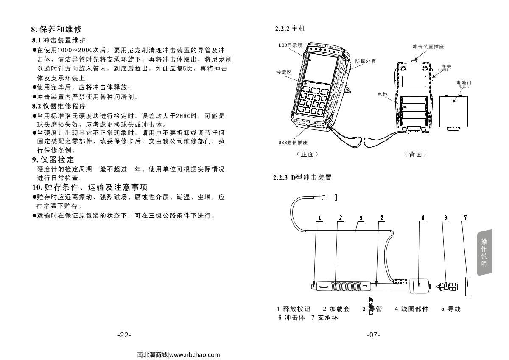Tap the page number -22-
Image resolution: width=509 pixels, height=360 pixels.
click(x=124, y=335)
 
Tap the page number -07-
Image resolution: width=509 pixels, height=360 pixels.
click(x=373, y=335)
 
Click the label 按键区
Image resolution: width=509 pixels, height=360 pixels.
click(x=284, y=72)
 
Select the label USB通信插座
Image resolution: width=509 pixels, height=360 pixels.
click(x=291, y=142)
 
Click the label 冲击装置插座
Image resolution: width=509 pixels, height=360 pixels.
click(x=428, y=46)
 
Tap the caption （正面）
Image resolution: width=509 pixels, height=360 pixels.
click(x=309, y=154)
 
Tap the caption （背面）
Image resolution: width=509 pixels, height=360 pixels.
click(x=415, y=154)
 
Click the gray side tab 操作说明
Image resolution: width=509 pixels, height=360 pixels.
click(x=484, y=252)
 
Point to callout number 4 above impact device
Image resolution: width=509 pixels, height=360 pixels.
click(x=423, y=217)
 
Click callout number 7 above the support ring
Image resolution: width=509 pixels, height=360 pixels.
click(x=465, y=217)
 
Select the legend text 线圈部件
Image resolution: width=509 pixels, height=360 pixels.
click(x=414, y=309)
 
